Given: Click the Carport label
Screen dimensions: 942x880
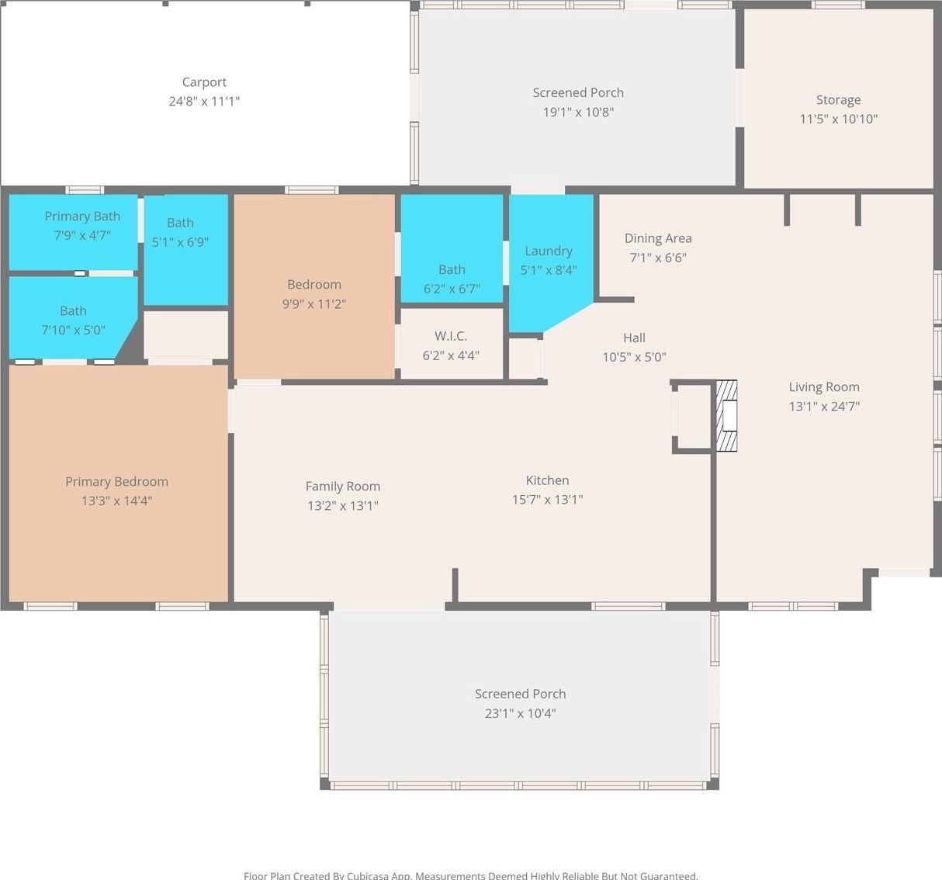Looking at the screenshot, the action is click(204, 82).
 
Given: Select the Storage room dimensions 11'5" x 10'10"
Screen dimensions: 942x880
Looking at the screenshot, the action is click(839, 119).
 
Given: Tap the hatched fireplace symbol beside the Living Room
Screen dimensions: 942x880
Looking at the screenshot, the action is click(726, 416).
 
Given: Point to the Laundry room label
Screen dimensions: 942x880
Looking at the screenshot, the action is click(549, 251).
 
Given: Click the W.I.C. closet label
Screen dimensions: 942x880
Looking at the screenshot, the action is click(451, 336).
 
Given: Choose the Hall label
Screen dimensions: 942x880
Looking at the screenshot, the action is click(634, 338).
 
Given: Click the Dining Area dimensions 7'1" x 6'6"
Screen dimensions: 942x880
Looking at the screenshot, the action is click(658, 258).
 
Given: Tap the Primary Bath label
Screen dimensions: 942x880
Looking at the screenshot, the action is click(82, 217).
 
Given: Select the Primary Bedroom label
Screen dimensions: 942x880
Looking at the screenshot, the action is click(116, 481).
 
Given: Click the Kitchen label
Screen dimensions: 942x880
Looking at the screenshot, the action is click(547, 480).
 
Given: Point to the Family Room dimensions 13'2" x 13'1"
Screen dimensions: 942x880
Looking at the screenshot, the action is click(343, 506).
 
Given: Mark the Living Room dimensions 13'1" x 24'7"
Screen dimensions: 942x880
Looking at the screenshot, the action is click(824, 407).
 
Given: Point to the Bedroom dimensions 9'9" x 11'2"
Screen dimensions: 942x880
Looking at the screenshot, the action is click(314, 304).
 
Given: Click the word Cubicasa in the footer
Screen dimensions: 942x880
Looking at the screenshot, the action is click(371, 875).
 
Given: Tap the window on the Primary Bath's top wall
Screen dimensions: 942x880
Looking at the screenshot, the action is click(85, 190).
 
